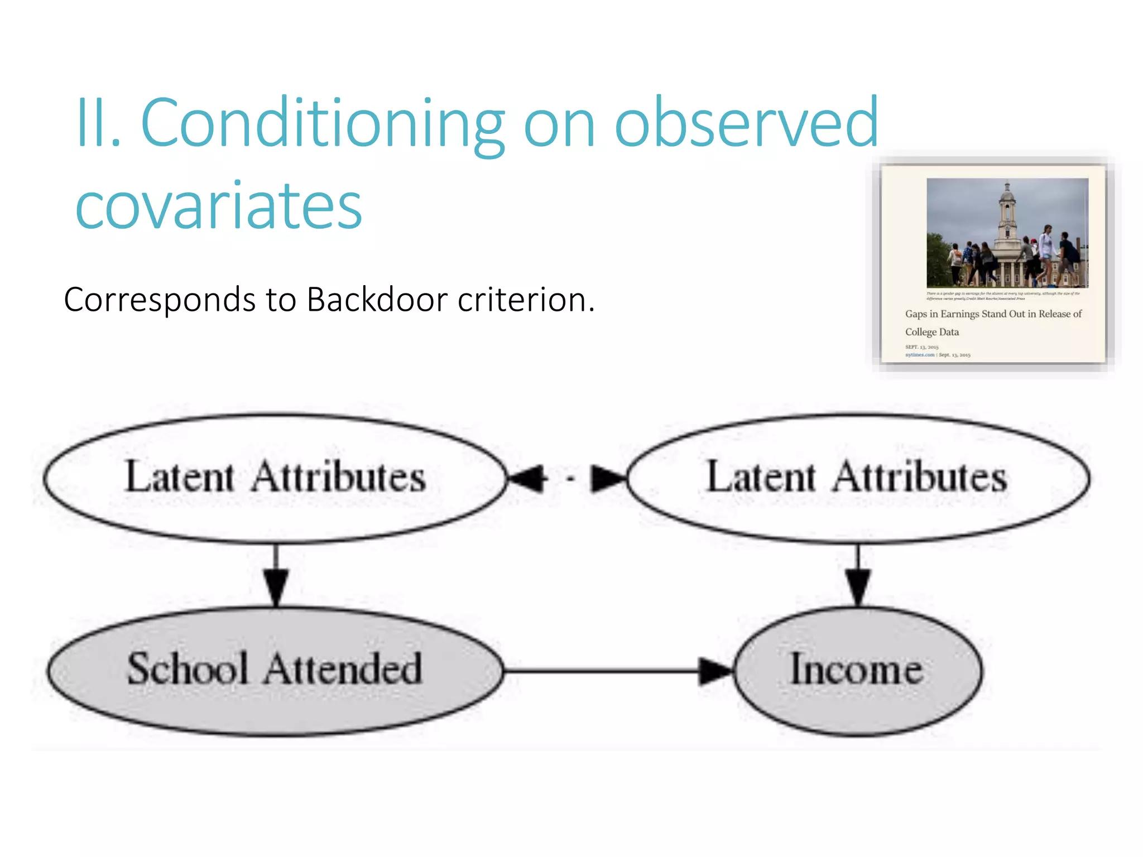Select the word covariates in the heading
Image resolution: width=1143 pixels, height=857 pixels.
219,206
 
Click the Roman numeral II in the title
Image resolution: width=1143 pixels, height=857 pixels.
97,124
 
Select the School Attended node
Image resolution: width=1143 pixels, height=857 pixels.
275,670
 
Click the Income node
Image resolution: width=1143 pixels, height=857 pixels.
857,670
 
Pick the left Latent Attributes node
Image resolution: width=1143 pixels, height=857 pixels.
275,478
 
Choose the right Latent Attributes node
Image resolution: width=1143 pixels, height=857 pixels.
857,478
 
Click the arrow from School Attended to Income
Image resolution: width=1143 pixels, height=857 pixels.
614,671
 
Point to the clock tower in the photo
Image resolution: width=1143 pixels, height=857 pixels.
1007,218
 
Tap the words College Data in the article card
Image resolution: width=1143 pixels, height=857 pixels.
931,332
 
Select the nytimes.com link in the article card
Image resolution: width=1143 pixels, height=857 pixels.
919,355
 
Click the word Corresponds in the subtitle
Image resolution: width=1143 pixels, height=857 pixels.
160,300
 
